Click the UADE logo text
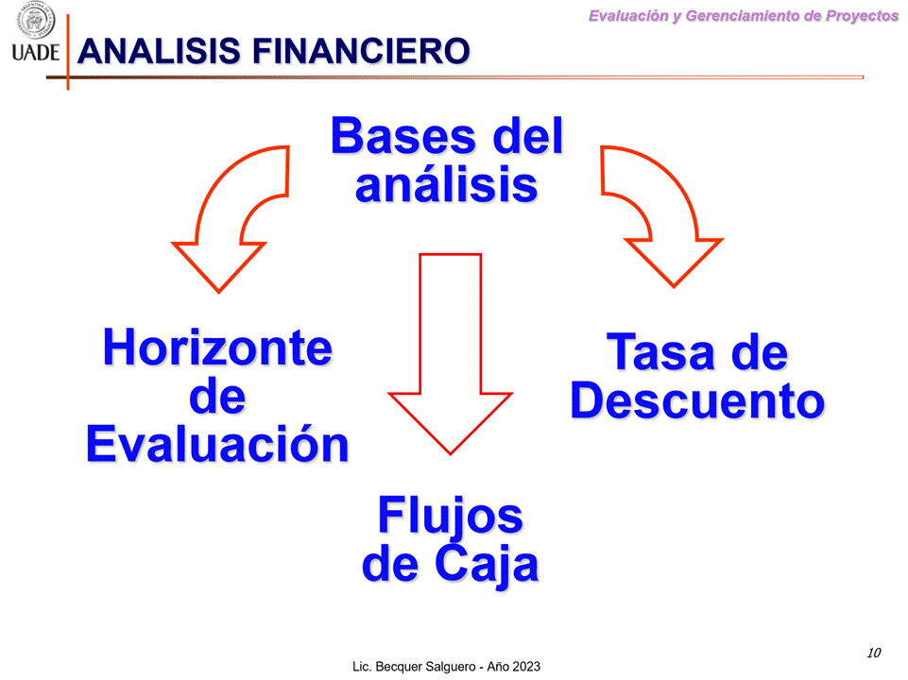pyautogui.click(x=35, y=53)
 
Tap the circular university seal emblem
pyautogui.click(x=36, y=20)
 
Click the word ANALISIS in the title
pyautogui.click(x=160, y=51)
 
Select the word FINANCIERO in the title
pyautogui.click(x=361, y=51)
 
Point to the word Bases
pyautogui.click(x=403, y=136)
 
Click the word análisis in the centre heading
pyautogui.click(x=447, y=184)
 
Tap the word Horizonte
pyautogui.click(x=217, y=348)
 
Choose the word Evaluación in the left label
pyautogui.click(x=217, y=445)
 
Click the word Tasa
pyautogui.click(x=660, y=352)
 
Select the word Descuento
pyautogui.click(x=698, y=400)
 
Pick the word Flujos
pyautogui.click(x=451, y=516)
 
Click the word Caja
pyautogui.click(x=487, y=564)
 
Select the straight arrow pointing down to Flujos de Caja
pyautogui.click(x=450, y=353)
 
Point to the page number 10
pyautogui.click(x=874, y=653)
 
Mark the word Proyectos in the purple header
pyautogui.click(x=862, y=16)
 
